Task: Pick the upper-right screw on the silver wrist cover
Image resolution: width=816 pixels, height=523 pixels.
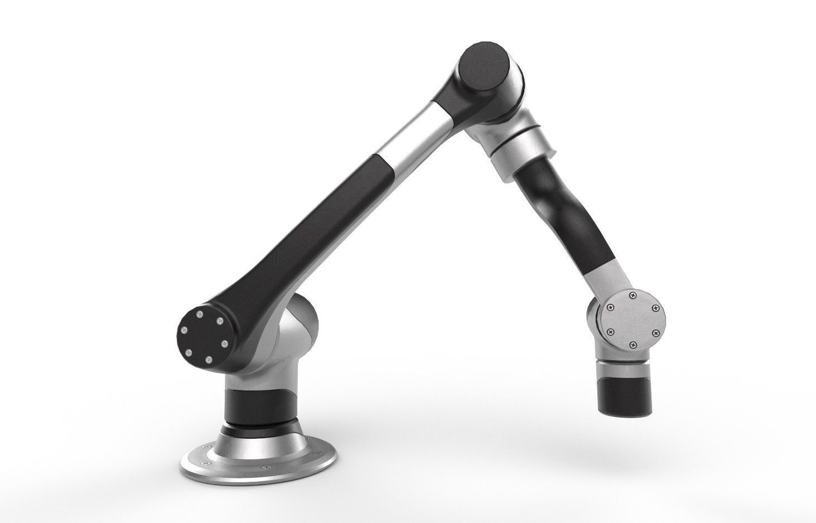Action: pos(656,308)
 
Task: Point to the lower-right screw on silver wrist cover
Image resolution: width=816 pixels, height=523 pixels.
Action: pos(656,333)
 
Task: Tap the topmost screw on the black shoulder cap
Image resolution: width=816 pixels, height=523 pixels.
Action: pos(200,314)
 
